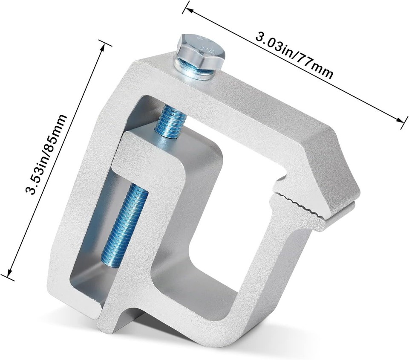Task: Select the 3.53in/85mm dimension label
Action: (46, 154)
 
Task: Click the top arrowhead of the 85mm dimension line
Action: (103, 48)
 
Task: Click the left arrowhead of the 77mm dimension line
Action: (189, 10)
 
